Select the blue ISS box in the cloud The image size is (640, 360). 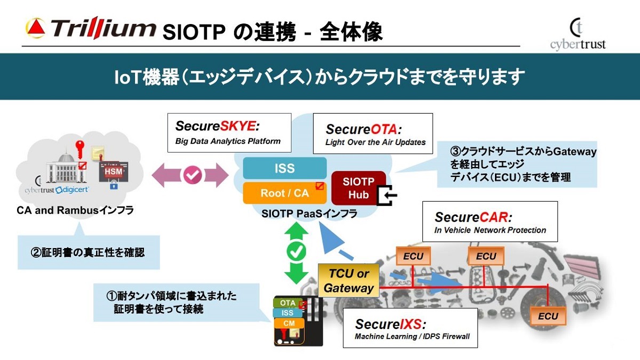pyautogui.click(x=284, y=168)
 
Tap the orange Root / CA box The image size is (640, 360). pyautogui.click(x=284, y=193)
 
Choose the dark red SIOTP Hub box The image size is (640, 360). pyautogui.click(x=358, y=188)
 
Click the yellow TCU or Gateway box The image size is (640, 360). pyautogui.click(x=348, y=281)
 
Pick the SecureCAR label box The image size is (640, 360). pyautogui.click(x=489, y=221)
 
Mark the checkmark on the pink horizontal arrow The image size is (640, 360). pyautogui.click(x=190, y=176)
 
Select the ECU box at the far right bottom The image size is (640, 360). pyautogui.click(x=547, y=316)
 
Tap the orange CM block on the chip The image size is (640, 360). pyautogui.click(x=289, y=323)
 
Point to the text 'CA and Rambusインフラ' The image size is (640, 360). pyautogui.click(x=74, y=211)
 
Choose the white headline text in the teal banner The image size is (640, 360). pyautogui.click(x=319, y=77)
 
